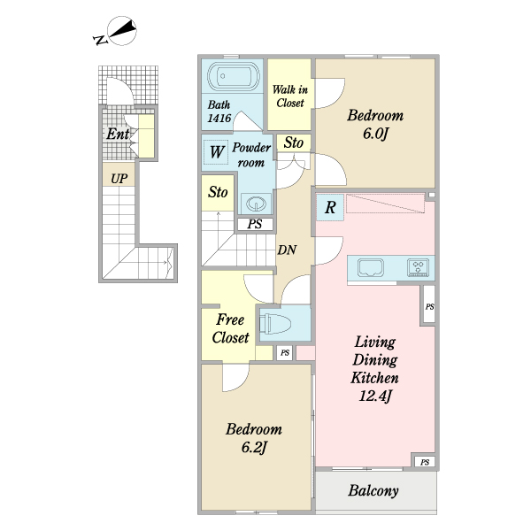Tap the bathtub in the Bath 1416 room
pyautogui.click(x=234, y=76)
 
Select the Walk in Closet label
pyautogui.click(x=290, y=96)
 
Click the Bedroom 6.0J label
pyautogui.click(x=375, y=124)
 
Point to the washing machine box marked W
pyautogui.click(x=217, y=152)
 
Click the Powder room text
pyautogui.click(x=251, y=155)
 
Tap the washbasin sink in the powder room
pyautogui.click(x=256, y=204)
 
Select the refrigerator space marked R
pyautogui.click(x=330, y=207)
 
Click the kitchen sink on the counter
pyautogui.click(x=372, y=267)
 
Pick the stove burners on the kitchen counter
pyautogui.click(x=419, y=267)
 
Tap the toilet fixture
pyautogui.click(x=275, y=323)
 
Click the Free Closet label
pyautogui.click(x=230, y=328)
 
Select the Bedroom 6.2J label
pyautogui.click(x=254, y=438)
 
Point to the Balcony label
pyautogui.click(x=373, y=490)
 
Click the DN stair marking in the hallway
pyautogui.click(x=287, y=250)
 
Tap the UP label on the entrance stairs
pyautogui.click(x=119, y=179)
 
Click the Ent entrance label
pyautogui.click(x=118, y=135)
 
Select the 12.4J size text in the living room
pyautogui.click(x=374, y=396)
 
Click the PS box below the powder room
pyautogui.click(x=255, y=224)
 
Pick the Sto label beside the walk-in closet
pyautogui.click(x=293, y=142)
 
